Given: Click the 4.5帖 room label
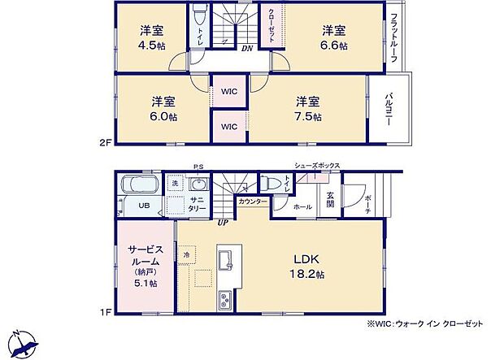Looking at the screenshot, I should coord(152,46).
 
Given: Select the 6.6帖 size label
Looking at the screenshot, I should coord(333,46).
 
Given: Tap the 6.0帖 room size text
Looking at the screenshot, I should coord(163,116).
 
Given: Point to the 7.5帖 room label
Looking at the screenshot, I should coord(307,116).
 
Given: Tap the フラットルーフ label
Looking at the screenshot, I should coord(394,38).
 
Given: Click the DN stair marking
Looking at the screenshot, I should coord(245,49).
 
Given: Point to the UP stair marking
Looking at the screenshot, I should coord(221,223).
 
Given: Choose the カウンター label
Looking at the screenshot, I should coord(253,201).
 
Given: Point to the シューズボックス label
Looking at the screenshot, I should coord(317,166).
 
